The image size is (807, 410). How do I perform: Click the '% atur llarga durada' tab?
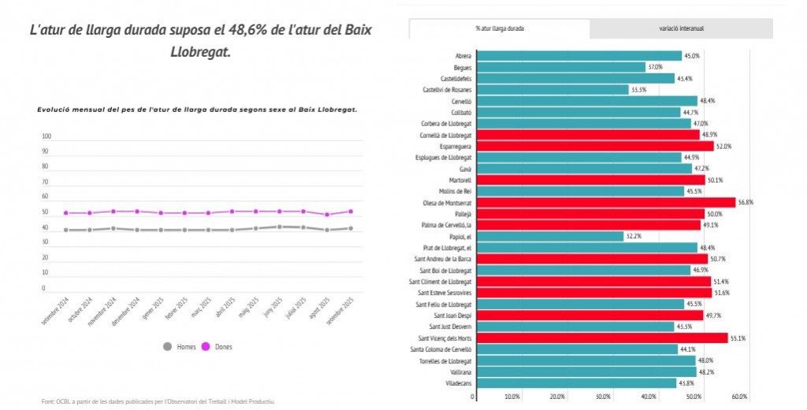pyautogui.click(x=500, y=28)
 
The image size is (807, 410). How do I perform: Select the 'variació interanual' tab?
pyautogui.click(x=681, y=28)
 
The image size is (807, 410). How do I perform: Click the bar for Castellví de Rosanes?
pyautogui.click(x=552, y=90)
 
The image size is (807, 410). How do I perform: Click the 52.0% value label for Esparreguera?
pyautogui.click(x=723, y=147)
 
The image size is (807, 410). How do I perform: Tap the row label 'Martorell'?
pyautogui.click(x=459, y=180)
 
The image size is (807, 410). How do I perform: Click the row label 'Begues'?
pyautogui.click(x=463, y=67)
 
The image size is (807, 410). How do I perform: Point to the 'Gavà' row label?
pyautogui.click(x=465, y=169)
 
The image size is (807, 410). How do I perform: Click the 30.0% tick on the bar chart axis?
pyautogui.click(x=603, y=397)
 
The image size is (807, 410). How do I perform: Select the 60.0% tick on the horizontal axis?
pyautogui.click(x=739, y=397)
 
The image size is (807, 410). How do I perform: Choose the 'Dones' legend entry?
pyautogui.click(x=218, y=346)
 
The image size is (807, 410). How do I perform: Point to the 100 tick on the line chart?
pyautogui.click(x=46, y=136)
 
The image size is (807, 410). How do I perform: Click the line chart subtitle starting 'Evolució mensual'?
pyautogui.click(x=198, y=110)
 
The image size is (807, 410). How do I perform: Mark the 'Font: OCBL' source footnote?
pyautogui.click(x=158, y=401)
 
